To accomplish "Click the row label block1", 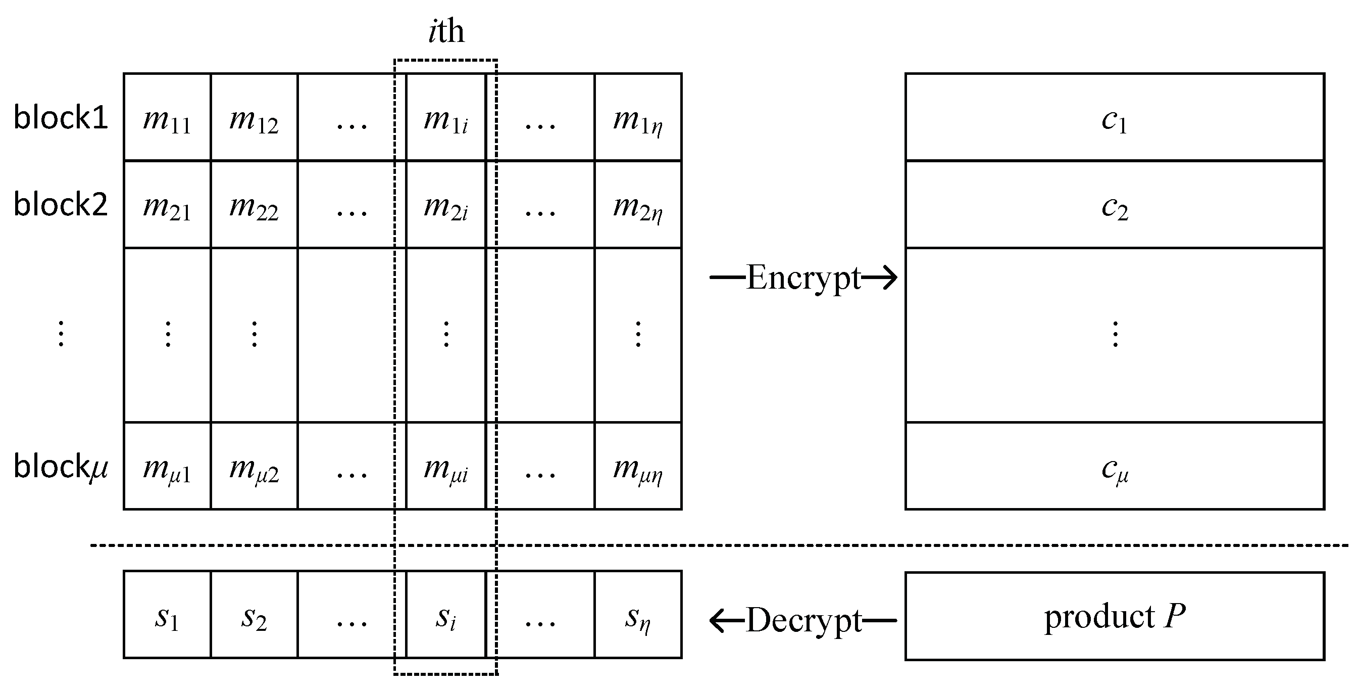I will (x=61, y=117).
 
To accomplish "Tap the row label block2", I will (x=61, y=204).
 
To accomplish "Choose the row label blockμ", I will (x=61, y=467).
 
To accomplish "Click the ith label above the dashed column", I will (x=446, y=32).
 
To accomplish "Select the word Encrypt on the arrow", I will (x=803, y=278).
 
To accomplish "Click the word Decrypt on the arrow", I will (x=803, y=620).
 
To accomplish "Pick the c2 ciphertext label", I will (x=1114, y=207).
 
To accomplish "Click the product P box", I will (x=1114, y=616).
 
